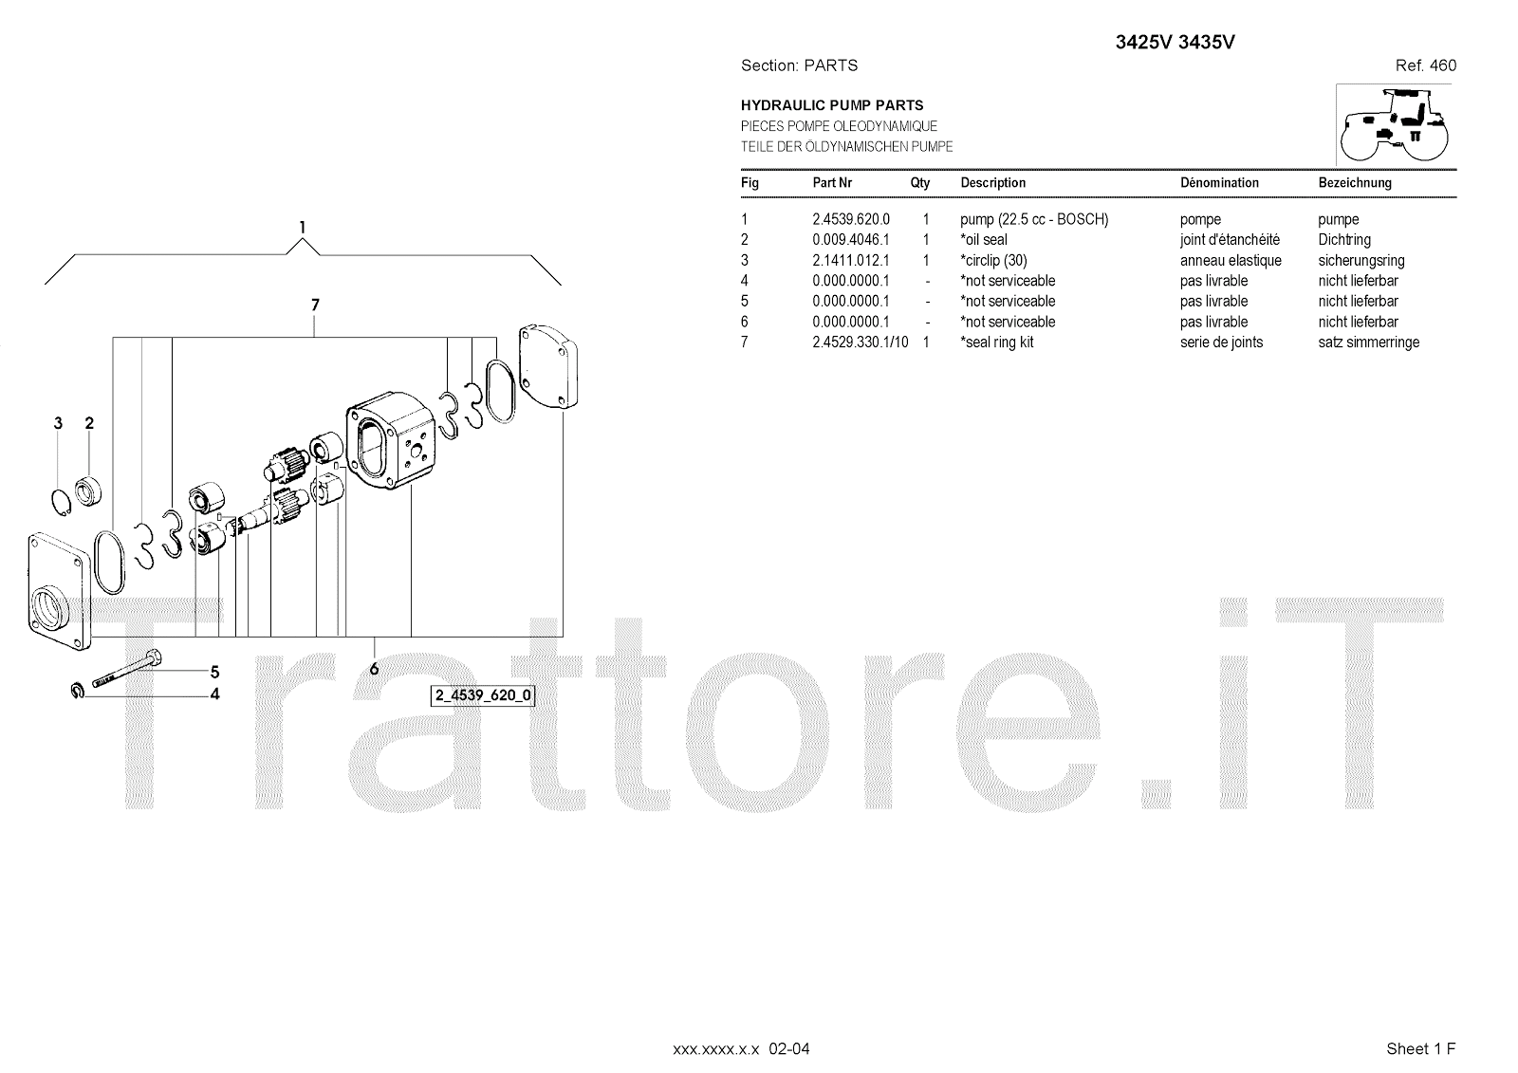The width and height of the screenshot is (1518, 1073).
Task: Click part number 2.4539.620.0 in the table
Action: tap(850, 219)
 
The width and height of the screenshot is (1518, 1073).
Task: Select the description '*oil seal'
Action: tap(984, 240)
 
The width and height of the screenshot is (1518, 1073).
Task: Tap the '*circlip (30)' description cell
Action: tap(993, 261)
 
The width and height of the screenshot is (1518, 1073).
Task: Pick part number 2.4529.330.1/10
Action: tap(860, 342)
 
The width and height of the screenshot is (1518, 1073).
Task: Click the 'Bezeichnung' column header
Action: tap(1354, 183)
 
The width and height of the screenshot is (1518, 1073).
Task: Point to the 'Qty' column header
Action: tap(920, 183)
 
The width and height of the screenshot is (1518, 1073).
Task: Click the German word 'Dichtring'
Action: tap(1343, 240)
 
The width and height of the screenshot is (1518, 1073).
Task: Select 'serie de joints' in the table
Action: tap(1221, 342)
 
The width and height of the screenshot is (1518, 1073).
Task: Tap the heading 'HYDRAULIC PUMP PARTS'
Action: tap(831, 105)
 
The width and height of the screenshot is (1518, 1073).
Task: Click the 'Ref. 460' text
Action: tap(1425, 65)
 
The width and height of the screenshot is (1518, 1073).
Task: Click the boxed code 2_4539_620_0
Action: tap(483, 695)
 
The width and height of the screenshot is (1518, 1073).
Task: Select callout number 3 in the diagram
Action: tap(58, 423)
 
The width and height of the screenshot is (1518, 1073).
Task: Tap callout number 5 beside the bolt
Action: tap(215, 673)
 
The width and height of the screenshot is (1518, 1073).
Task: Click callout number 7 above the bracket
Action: tap(315, 305)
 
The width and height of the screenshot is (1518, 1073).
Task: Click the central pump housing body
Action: tap(392, 446)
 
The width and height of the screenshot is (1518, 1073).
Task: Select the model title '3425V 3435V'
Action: tap(1174, 42)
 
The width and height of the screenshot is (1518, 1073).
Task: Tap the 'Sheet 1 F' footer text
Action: tap(1420, 1048)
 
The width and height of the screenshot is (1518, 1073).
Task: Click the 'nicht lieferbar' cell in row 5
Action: tap(1358, 302)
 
